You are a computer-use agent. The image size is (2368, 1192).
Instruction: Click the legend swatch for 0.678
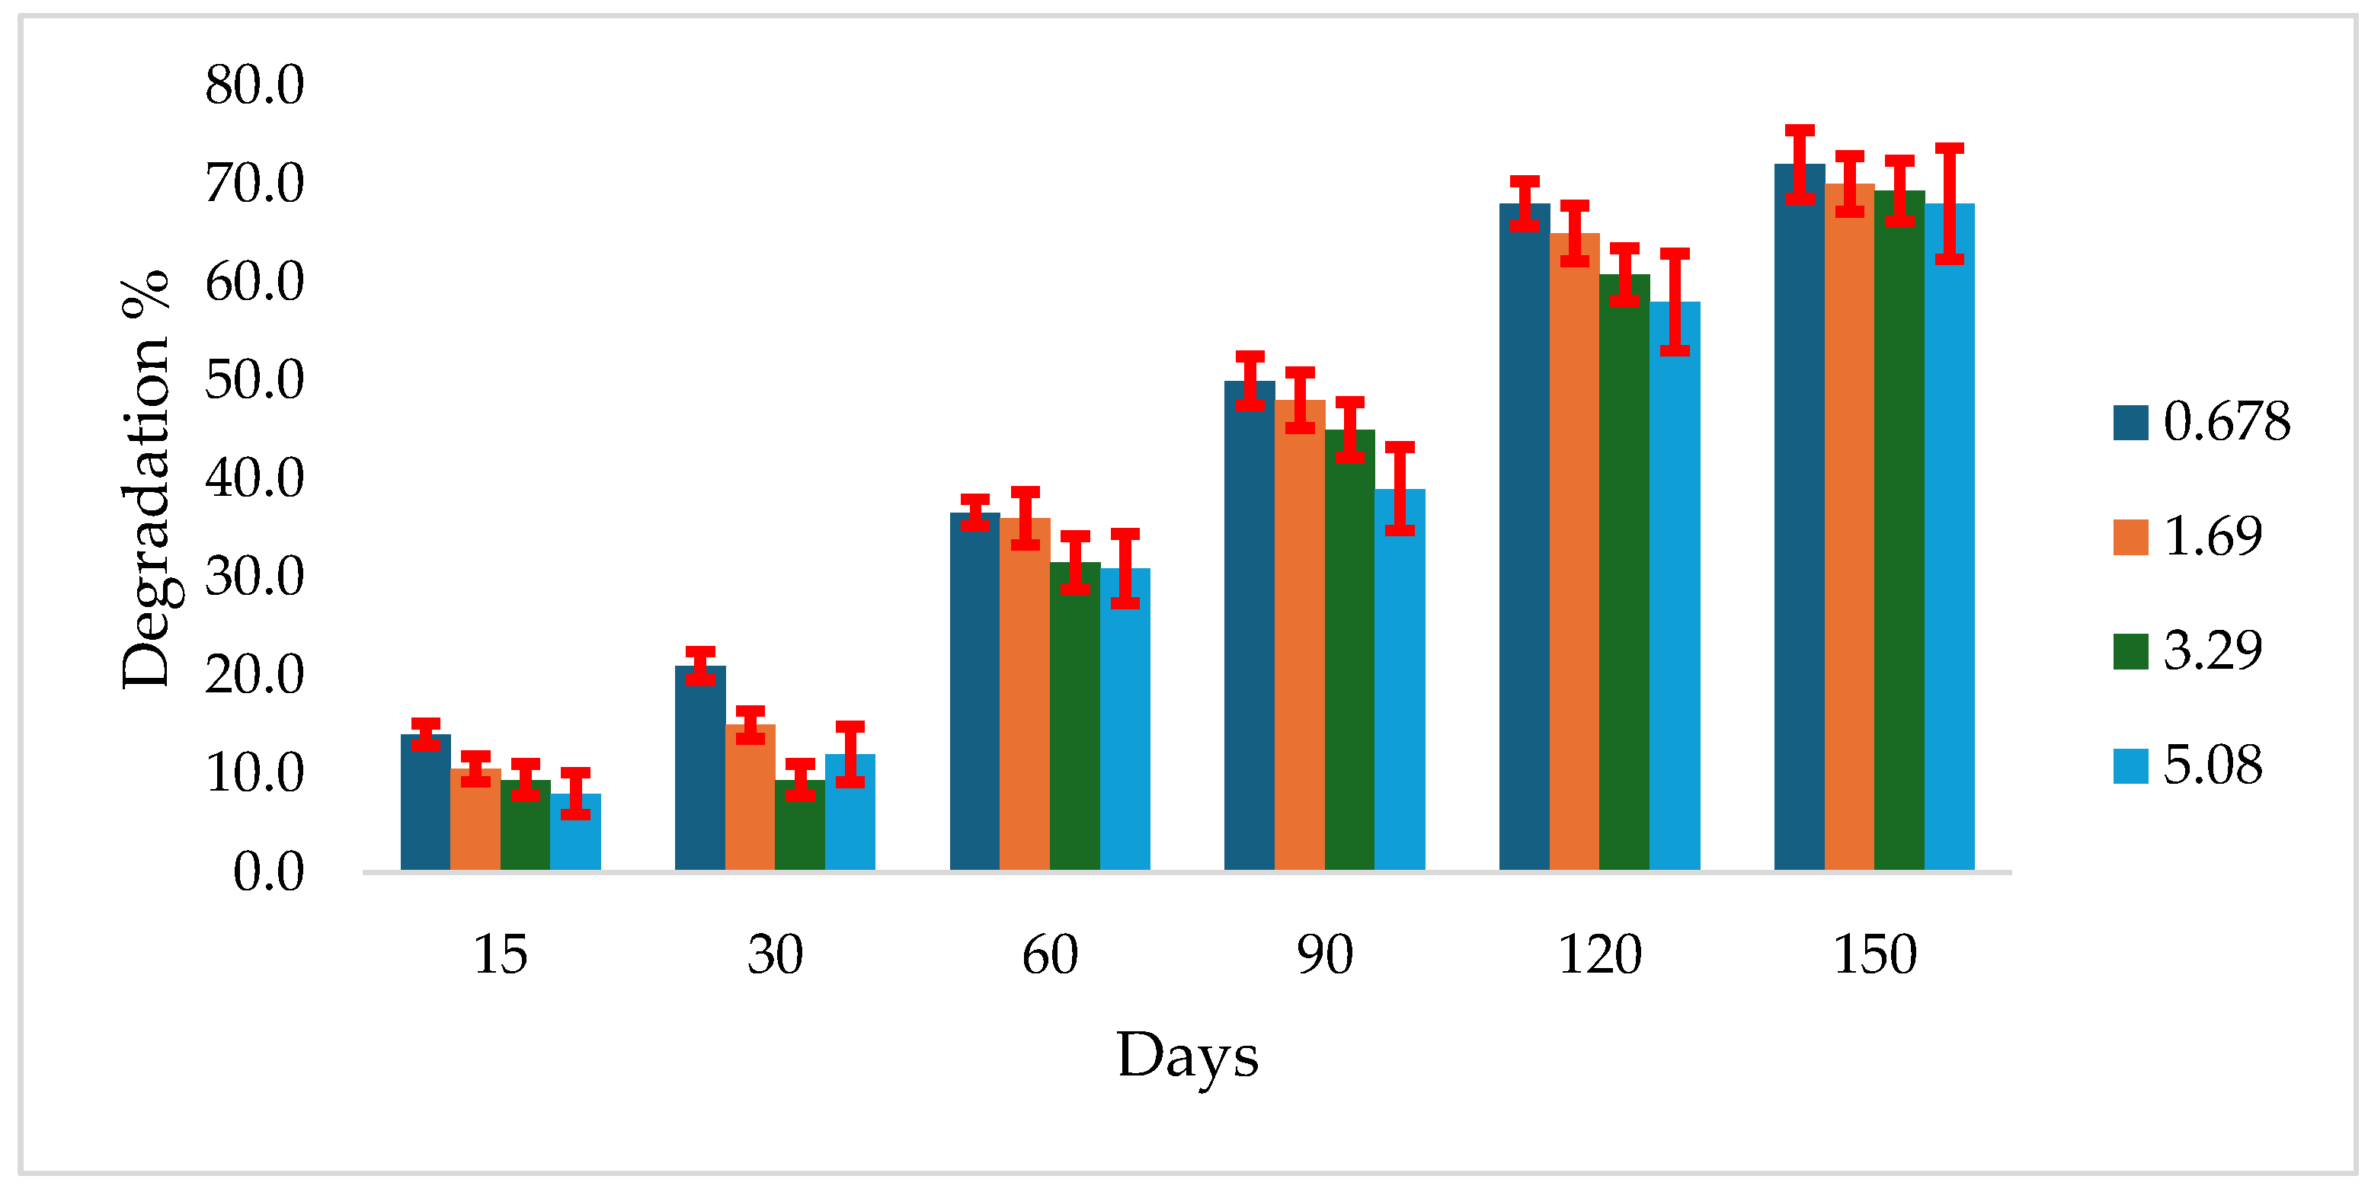point(2130,423)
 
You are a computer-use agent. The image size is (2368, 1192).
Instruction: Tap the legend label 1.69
point(2212,537)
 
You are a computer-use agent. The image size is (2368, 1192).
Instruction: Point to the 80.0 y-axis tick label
point(254,85)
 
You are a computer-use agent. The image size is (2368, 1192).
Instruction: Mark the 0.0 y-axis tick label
point(267,871)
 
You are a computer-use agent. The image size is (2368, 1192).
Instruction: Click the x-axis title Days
point(1187,1055)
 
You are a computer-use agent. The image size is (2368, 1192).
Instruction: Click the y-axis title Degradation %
point(146,478)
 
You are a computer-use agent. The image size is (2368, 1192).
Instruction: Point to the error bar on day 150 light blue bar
point(1949,204)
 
